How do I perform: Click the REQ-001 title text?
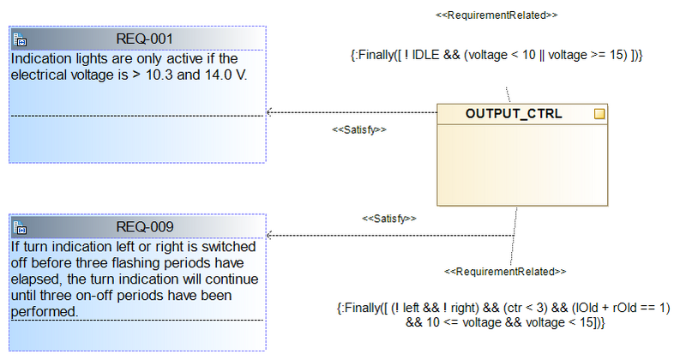coord(145,39)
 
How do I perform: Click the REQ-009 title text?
coord(145,227)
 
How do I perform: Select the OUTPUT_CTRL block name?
coord(514,113)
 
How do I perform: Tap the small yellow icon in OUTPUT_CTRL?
coord(599,113)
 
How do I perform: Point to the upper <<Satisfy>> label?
coord(359,129)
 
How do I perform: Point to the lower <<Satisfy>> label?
coord(389,219)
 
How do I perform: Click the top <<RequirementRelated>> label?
coord(497,15)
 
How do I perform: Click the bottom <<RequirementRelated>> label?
coord(505,271)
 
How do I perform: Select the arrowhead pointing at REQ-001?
coord(270,111)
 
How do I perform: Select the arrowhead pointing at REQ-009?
coord(270,235)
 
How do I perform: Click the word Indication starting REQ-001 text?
coord(40,58)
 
